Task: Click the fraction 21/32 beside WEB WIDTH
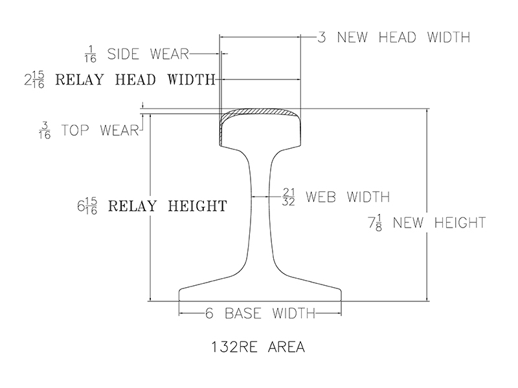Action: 289,196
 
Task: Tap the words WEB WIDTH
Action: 347,196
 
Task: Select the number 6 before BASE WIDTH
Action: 209,314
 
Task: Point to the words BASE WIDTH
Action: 269,314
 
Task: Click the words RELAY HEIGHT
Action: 167,207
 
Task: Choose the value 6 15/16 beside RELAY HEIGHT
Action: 87,207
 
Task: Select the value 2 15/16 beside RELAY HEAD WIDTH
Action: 34,80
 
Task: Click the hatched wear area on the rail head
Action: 259,113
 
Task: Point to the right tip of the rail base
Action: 340,294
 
